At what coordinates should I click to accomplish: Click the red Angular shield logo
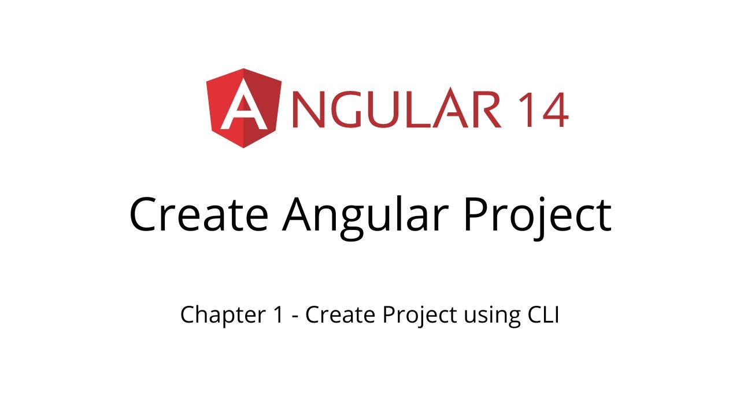tap(243, 108)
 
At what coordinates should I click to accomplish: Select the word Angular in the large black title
tap(365, 214)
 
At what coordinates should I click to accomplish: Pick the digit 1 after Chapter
tap(279, 315)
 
